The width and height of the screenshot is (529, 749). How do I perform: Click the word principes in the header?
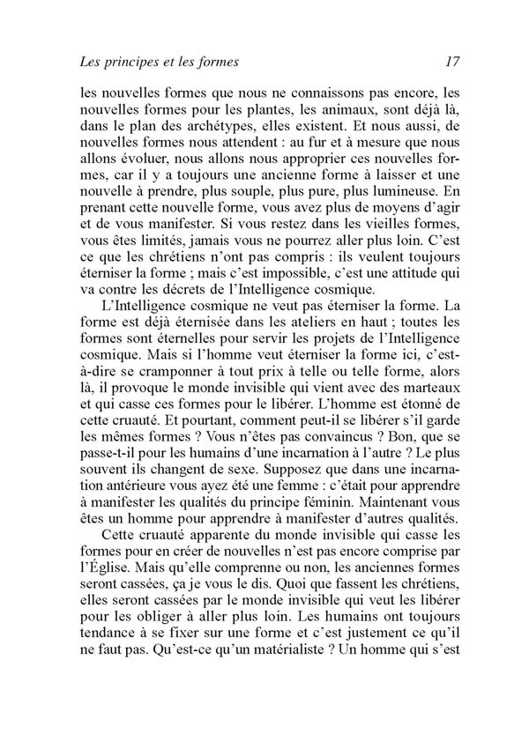pos(130,63)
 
